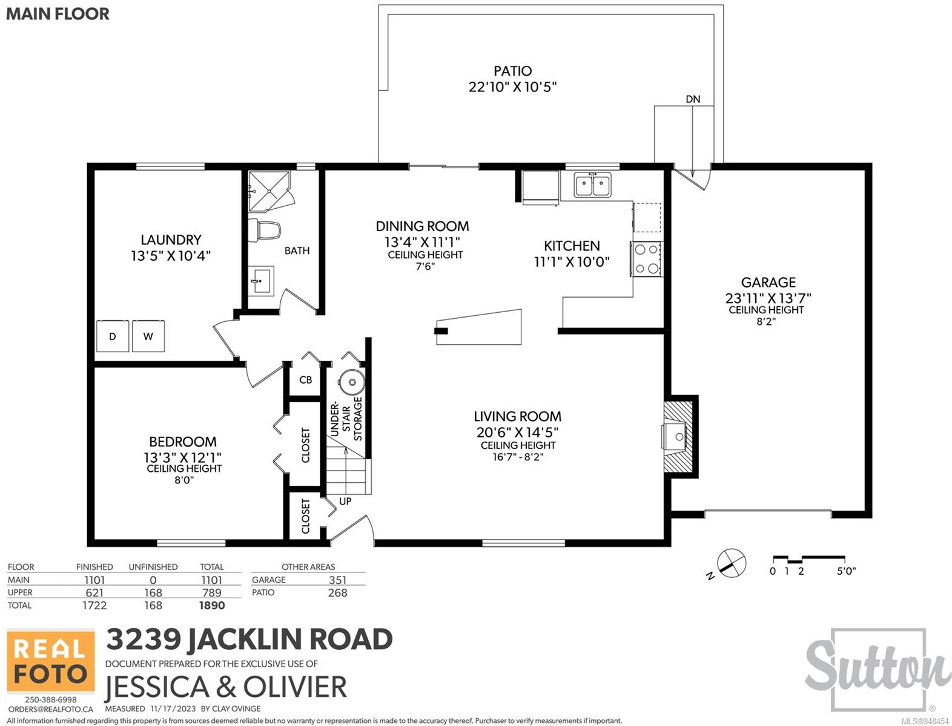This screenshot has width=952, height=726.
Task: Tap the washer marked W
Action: pyautogui.click(x=148, y=336)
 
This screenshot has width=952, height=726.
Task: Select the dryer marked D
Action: pyautogui.click(x=113, y=336)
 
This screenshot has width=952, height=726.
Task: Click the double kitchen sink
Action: pyautogui.click(x=593, y=185)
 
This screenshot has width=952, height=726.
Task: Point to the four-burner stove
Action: pyautogui.click(x=646, y=259)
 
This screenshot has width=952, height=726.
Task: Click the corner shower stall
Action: pyautogui.click(x=269, y=191)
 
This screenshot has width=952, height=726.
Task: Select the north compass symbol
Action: pyautogui.click(x=731, y=563)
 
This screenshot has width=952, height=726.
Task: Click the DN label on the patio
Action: pyautogui.click(x=693, y=99)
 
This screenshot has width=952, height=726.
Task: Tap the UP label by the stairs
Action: pyautogui.click(x=345, y=501)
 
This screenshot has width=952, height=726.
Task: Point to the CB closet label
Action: pyautogui.click(x=306, y=380)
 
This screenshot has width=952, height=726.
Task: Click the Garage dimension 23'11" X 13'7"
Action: pyautogui.click(x=768, y=298)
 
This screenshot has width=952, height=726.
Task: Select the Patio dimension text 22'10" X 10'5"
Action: pyautogui.click(x=513, y=87)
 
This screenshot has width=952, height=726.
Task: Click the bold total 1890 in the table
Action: pyautogui.click(x=211, y=606)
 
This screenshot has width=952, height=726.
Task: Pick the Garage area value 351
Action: pyautogui.click(x=337, y=580)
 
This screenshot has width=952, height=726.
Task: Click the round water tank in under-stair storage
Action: pyautogui.click(x=352, y=382)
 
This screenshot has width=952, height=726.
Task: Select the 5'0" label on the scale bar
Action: pyautogui.click(x=846, y=571)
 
